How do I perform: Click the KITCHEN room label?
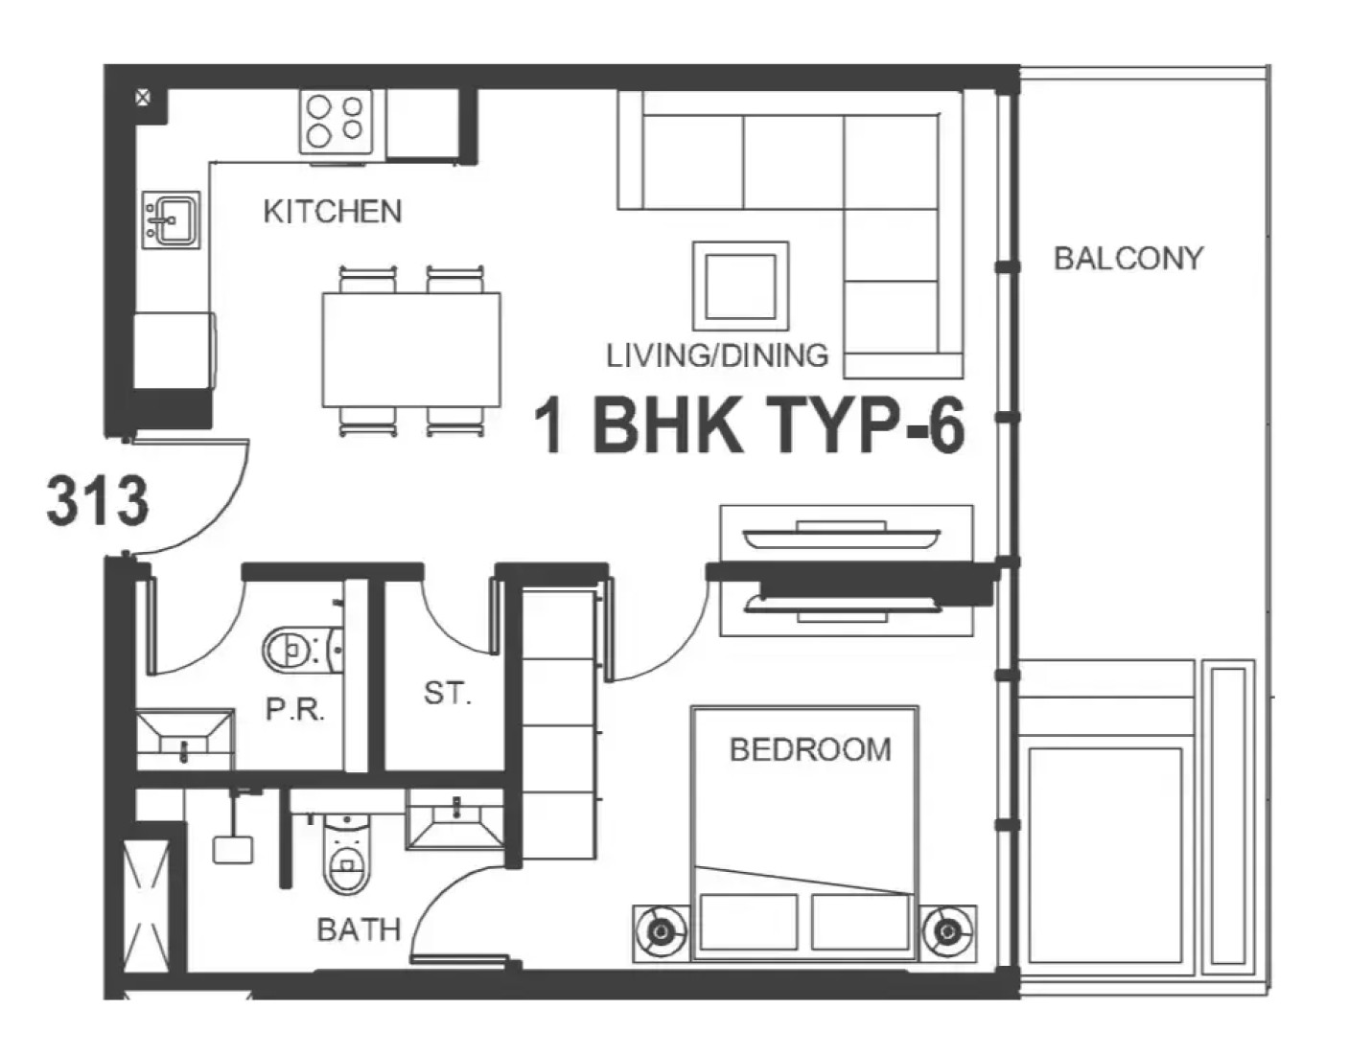point(333,212)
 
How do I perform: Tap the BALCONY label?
point(1128,258)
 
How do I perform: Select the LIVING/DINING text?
point(717,355)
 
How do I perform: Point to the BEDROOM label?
point(810,749)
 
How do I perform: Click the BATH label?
point(359,930)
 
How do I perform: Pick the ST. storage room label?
point(447,693)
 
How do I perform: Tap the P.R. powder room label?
point(295,710)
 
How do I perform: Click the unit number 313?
point(98,500)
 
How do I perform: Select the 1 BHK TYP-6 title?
point(750,426)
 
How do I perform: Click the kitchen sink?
point(172,220)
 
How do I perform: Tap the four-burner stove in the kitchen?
point(336,122)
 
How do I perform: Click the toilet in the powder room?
point(302,650)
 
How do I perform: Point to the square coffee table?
point(740,286)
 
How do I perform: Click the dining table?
point(411,350)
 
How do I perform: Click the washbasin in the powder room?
point(185,740)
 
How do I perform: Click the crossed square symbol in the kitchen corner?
point(144,98)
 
